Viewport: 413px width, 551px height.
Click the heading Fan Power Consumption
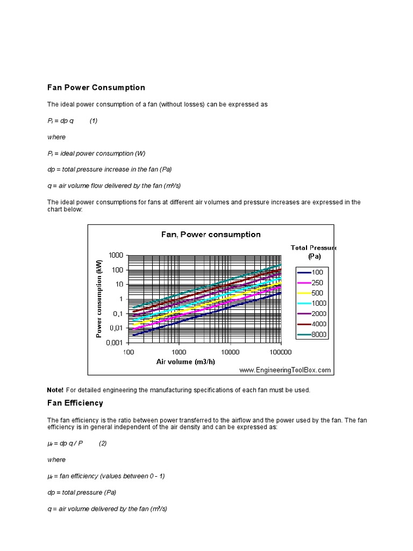(x=96, y=87)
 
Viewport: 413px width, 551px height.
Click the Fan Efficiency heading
(x=75, y=402)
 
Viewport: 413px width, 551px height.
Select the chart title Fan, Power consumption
(x=211, y=234)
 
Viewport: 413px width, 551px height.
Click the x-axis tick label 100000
(x=280, y=352)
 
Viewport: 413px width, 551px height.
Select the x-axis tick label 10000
(x=230, y=352)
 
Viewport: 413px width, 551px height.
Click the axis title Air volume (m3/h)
(x=186, y=362)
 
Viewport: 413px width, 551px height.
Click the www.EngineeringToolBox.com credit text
(x=285, y=370)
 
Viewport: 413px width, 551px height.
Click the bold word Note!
(x=55, y=390)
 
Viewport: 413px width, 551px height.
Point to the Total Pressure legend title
(x=314, y=252)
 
